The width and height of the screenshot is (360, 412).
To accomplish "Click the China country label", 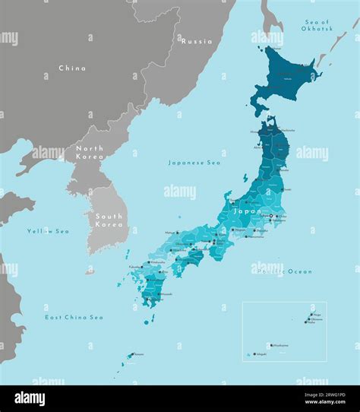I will coord(72,68).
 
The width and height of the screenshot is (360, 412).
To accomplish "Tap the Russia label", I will coord(196,41).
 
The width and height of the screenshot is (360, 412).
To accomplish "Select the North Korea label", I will coord(89,152).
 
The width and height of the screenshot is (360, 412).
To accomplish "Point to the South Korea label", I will coord(109,220).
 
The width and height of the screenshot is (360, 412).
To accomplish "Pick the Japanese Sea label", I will coord(194,162).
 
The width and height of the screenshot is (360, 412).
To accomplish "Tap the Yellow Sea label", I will coord(48,231).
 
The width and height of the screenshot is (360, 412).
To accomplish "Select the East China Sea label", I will coord(74,317).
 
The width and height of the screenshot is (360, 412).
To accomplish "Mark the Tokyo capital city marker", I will coord(271,216).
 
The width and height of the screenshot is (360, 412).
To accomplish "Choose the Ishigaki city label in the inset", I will coord(262,353).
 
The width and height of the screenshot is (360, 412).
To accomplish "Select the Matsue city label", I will coord(170,233).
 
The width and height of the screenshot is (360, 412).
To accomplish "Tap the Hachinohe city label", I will coord(289,131).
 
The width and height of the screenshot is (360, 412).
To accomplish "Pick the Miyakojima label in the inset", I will coord(279,344).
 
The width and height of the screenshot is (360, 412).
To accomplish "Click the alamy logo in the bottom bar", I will coord(30,399).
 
